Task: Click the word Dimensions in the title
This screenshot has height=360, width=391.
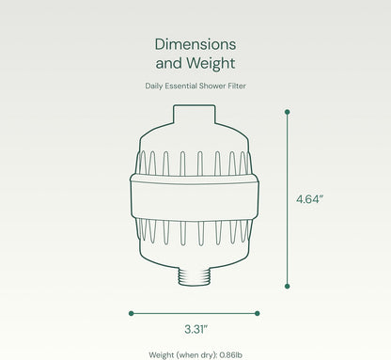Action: (x=195, y=44)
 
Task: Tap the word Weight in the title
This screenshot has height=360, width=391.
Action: (x=211, y=64)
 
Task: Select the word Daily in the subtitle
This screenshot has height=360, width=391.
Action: (x=153, y=86)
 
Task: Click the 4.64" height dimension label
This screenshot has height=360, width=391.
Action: (x=309, y=199)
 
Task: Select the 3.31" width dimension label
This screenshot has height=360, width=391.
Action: (x=196, y=329)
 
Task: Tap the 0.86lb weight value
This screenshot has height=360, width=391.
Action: (x=231, y=355)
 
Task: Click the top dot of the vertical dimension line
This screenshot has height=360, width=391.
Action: (x=288, y=112)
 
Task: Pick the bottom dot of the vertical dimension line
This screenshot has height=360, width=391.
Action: (x=288, y=286)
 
